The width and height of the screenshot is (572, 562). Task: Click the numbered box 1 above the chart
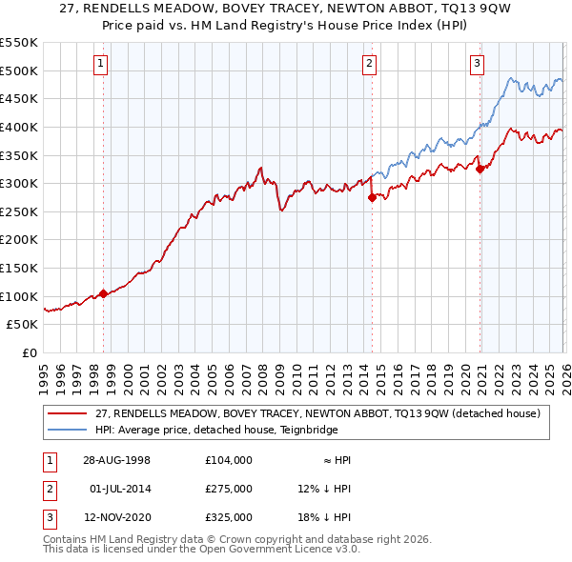[101, 64]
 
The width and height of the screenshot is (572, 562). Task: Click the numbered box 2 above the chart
[370, 64]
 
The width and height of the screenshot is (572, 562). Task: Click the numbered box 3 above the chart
[477, 64]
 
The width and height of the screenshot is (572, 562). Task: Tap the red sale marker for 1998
[104, 293]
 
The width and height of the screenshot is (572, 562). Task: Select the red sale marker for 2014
[371, 197]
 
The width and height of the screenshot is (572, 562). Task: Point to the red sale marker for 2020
[480, 170]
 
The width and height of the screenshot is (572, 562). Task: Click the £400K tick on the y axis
[19, 127]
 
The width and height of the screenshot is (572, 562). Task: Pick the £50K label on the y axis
[23, 325]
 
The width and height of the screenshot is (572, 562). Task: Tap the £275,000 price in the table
[229, 489]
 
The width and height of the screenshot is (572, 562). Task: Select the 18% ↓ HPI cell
[324, 517]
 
